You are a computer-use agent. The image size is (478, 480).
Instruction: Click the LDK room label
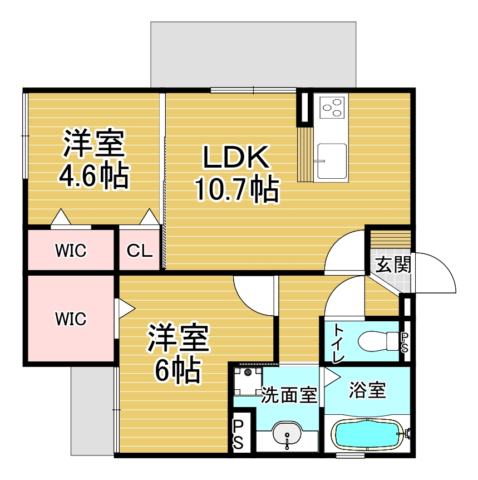[x=236, y=157]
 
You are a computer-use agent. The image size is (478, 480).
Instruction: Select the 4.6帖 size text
[x=94, y=176]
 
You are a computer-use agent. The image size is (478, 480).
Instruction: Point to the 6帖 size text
[x=178, y=370]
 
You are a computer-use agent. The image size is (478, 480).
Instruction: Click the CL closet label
[x=140, y=251]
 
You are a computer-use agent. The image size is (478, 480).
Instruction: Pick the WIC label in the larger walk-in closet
[x=71, y=319]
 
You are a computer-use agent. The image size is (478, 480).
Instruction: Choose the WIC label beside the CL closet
[x=71, y=251]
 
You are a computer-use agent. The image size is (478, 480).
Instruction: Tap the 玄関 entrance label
[x=393, y=265]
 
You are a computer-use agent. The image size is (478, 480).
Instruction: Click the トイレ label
[x=338, y=343]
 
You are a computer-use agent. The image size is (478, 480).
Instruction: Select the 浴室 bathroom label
[x=367, y=390]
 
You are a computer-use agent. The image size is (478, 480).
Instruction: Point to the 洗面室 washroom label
[x=289, y=395]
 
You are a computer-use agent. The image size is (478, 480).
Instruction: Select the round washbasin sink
[x=287, y=434]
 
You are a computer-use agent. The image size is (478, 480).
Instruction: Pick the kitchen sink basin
[x=332, y=161]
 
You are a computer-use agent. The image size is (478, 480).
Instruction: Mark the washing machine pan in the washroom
[x=248, y=381]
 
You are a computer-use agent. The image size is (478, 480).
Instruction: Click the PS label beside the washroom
[x=238, y=434]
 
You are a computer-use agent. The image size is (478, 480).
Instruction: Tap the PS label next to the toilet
[x=404, y=342]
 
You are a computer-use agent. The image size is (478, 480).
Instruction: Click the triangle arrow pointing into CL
[x=149, y=217]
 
